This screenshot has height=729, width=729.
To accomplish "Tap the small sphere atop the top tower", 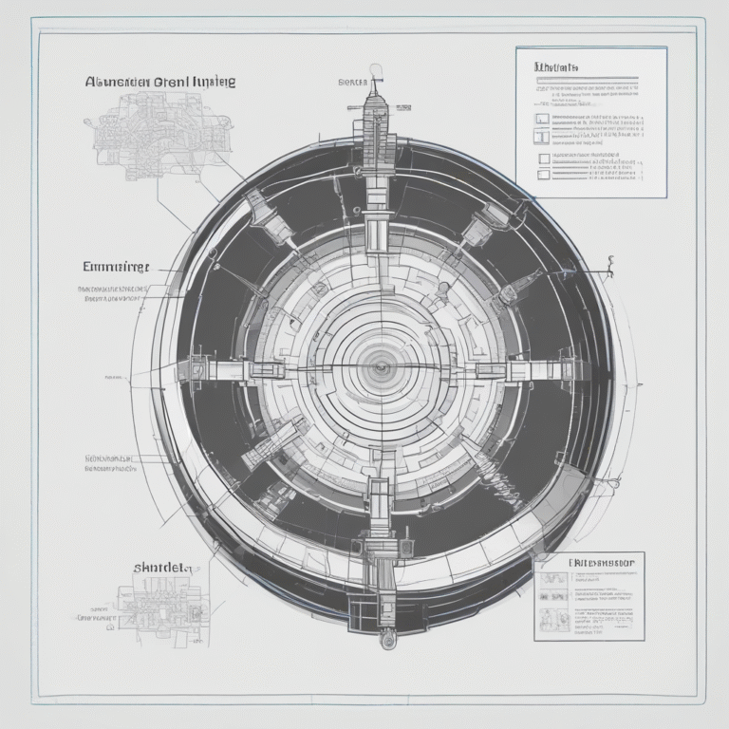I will [x=376, y=69].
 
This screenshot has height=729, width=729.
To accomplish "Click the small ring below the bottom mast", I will [x=386, y=642].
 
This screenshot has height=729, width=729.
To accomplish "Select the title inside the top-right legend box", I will [x=557, y=67].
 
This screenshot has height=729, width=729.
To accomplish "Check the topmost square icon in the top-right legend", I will [x=542, y=120].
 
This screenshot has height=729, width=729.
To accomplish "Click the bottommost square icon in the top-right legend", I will [x=543, y=174].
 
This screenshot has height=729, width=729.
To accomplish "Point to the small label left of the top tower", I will [x=351, y=83].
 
